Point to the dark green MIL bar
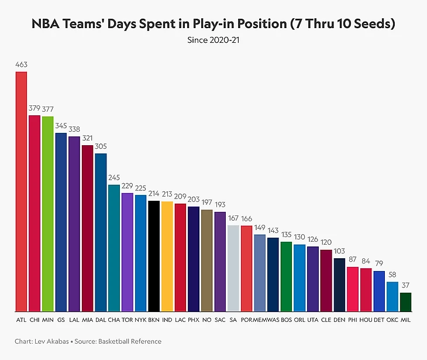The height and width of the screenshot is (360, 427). tap(405, 302)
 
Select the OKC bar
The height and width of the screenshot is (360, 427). tap(392, 297)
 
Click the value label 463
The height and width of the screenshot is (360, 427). tap(21, 64)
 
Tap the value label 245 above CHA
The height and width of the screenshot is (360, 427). tap(114, 179)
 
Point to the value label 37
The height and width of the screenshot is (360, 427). tap(405, 286)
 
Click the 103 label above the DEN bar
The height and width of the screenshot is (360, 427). tap(339, 252)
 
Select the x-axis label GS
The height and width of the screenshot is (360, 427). tap(61, 321)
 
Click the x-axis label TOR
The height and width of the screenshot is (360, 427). tap(127, 321)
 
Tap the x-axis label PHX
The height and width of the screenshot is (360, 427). tap(194, 321)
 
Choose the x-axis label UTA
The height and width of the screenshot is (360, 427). tap(312, 321)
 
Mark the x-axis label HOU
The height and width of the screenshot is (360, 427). tap(366, 321)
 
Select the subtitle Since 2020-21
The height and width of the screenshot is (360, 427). tap(213, 40)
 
